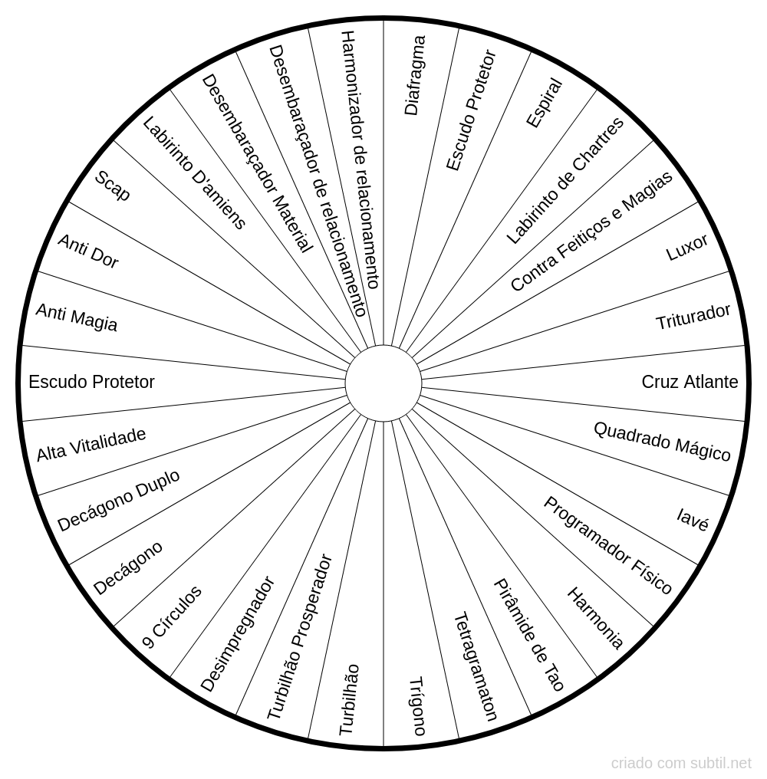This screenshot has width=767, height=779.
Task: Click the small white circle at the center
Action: (383, 383)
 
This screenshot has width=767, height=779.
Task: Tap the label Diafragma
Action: (415, 75)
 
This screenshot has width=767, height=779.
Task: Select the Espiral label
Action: (545, 103)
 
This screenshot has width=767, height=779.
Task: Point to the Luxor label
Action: (686, 248)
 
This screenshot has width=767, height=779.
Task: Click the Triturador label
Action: (693, 317)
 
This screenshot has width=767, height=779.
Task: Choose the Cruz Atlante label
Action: (690, 382)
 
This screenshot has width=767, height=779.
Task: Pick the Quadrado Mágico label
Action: (662, 442)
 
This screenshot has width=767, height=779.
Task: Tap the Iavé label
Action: (693, 520)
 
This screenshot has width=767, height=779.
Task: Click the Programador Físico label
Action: (607, 545)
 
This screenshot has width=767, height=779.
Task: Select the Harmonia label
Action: (595, 618)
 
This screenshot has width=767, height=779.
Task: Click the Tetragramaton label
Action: (476, 667)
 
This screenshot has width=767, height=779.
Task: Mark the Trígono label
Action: (417, 706)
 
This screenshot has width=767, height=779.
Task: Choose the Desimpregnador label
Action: (237, 634)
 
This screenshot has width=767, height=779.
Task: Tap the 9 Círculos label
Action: (172, 617)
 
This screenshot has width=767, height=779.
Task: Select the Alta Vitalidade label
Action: (91, 444)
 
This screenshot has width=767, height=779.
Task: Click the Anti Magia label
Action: (77, 317)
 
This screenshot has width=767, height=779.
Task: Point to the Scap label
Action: (112, 186)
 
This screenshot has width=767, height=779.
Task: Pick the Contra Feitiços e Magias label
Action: (591, 231)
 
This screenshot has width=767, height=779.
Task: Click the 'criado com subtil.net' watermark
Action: (681, 763)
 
